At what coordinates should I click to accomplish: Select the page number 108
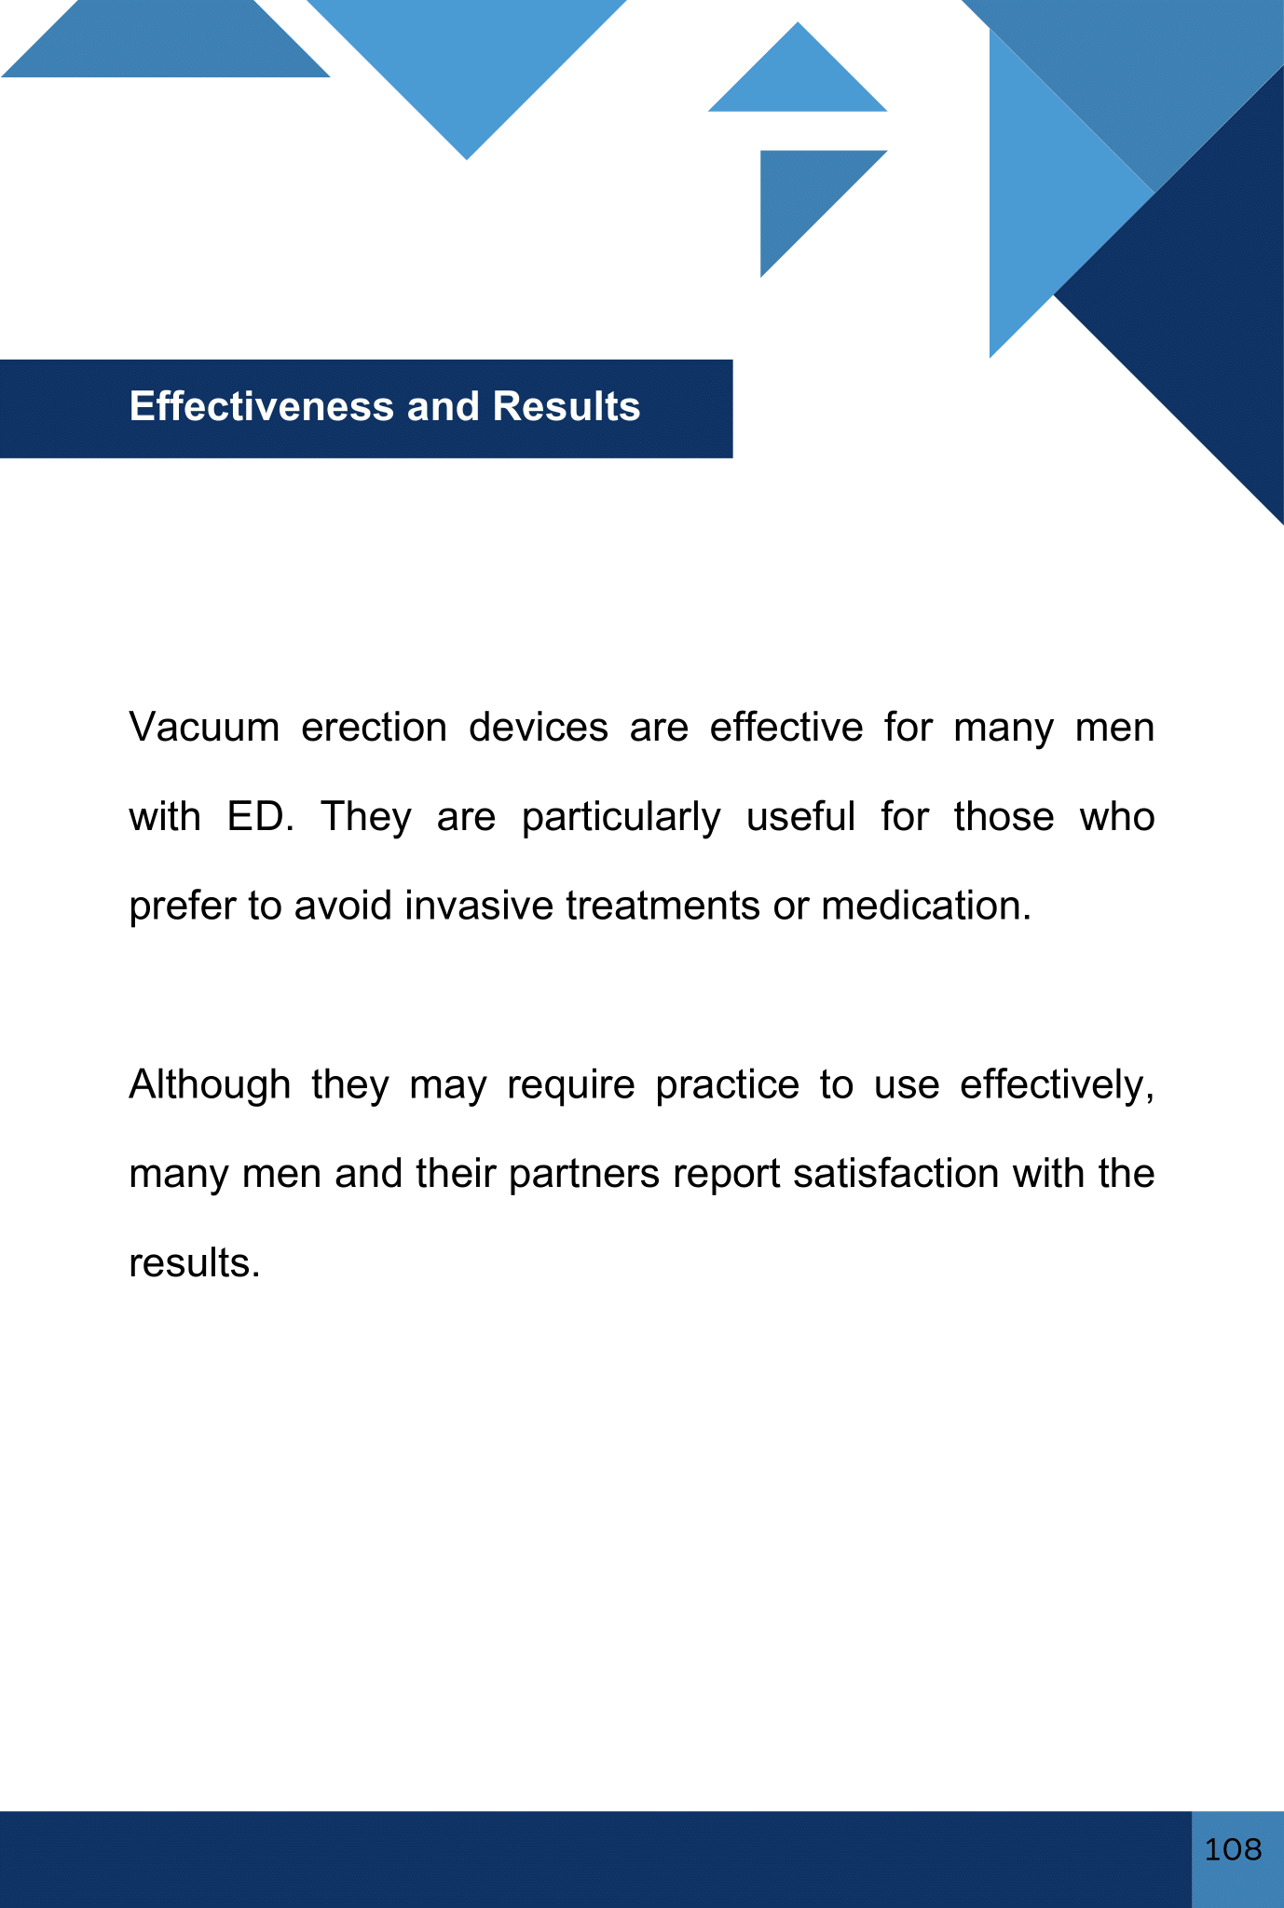click(1233, 1849)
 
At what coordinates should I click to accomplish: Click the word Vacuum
click(204, 727)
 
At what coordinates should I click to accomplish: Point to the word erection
click(375, 727)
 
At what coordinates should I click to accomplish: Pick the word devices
click(539, 727)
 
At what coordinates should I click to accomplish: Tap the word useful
click(801, 816)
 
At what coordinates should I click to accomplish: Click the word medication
click(926, 906)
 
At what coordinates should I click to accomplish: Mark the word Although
click(210, 1084)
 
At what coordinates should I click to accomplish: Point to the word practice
click(728, 1085)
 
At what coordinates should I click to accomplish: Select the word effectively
click(1058, 1085)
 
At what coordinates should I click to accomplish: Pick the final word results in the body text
click(194, 1263)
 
